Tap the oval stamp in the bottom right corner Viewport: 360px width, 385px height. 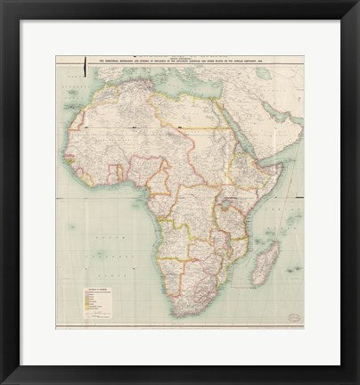click(293, 317)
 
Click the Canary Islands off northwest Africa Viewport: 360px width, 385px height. click(75, 111)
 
